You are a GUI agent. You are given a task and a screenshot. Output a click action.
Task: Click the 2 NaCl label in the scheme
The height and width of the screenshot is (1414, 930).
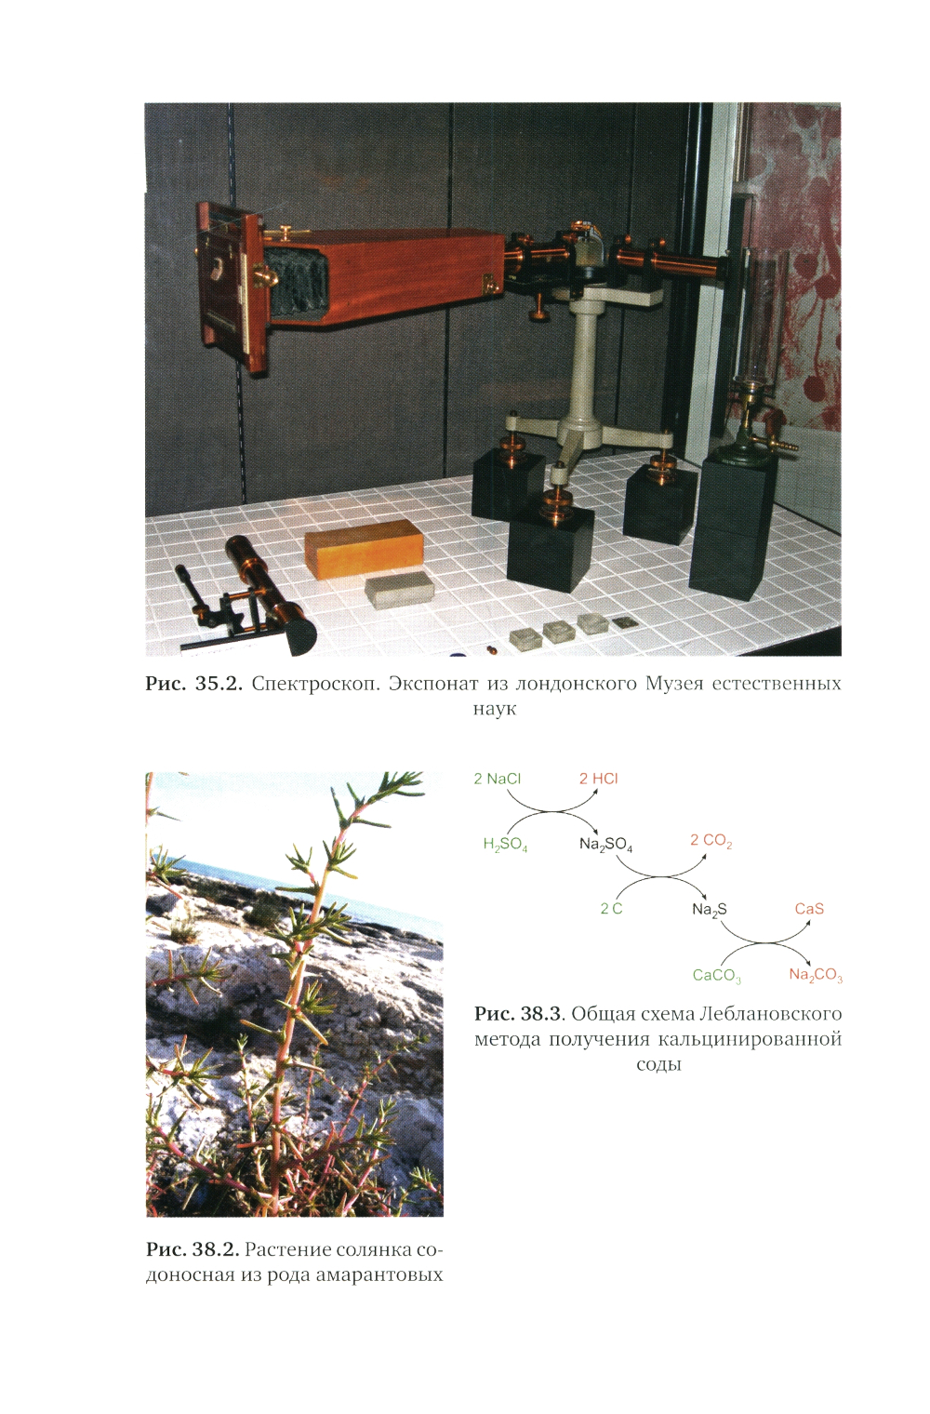[x=498, y=779]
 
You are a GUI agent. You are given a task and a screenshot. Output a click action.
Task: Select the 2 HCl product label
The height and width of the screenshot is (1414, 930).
[x=598, y=779]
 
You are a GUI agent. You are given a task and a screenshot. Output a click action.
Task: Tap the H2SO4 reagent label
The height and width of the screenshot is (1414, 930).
[x=505, y=845]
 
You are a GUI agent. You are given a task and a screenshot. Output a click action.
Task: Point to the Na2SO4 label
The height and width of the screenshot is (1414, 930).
[x=605, y=845]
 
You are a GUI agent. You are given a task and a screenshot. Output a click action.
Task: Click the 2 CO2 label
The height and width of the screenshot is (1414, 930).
[x=711, y=841]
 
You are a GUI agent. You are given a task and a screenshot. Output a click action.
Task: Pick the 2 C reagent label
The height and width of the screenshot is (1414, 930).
[x=611, y=908]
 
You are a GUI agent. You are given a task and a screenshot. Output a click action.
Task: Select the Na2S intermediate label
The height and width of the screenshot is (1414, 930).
[x=710, y=910]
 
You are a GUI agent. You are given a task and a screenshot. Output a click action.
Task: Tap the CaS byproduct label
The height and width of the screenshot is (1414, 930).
[x=809, y=908]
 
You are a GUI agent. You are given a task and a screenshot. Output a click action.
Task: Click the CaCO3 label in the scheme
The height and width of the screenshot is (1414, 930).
[x=716, y=975]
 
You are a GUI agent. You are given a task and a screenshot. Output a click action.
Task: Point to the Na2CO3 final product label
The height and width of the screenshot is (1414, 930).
[x=816, y=975]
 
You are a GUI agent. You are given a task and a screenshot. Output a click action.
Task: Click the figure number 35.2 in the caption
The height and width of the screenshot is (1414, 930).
[x=219, y=684]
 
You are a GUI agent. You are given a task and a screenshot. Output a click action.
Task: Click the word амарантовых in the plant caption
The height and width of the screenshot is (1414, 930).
[x=379, y=1274]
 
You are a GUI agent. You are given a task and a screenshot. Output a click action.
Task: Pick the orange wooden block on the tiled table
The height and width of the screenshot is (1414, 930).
[x=364, y=548]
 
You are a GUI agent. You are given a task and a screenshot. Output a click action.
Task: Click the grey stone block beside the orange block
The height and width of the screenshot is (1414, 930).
[x=401, y=590]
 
